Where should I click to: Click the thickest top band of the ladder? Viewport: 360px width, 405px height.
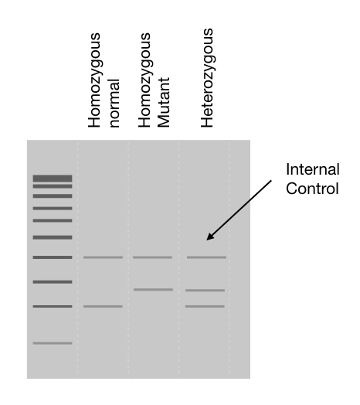click(53, 179)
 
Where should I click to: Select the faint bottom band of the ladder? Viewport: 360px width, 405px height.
click(53, 343)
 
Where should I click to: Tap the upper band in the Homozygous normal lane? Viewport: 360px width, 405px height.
click(103, 257)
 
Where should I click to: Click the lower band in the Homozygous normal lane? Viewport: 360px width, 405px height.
click(103, 306)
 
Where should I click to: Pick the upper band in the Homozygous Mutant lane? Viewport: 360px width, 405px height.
click(153, 257)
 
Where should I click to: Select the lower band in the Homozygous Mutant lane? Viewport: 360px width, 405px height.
click(154, 290)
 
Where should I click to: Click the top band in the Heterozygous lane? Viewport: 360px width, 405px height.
click(206, 257)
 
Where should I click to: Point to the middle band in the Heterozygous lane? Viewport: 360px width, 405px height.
click(205, 291)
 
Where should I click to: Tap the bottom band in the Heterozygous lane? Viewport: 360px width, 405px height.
click(205, 306)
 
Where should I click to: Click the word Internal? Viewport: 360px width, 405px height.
click(312, 169)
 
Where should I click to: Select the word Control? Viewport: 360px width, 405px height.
click(312, 189)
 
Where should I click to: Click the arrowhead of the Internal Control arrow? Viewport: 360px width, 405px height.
click(209, 238)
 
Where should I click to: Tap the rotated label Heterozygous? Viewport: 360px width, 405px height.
click(208, 78)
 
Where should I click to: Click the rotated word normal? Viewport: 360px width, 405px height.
click(114, 104)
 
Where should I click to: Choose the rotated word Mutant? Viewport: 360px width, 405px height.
click(164, 102)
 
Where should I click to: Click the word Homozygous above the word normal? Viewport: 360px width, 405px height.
click(94, 80)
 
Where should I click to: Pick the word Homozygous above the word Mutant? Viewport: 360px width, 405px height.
click(145, 80)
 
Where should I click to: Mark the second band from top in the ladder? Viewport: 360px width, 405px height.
click(53, 186)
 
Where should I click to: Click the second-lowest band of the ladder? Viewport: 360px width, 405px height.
click(53, 306)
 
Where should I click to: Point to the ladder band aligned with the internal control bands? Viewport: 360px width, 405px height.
click(53, 257)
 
